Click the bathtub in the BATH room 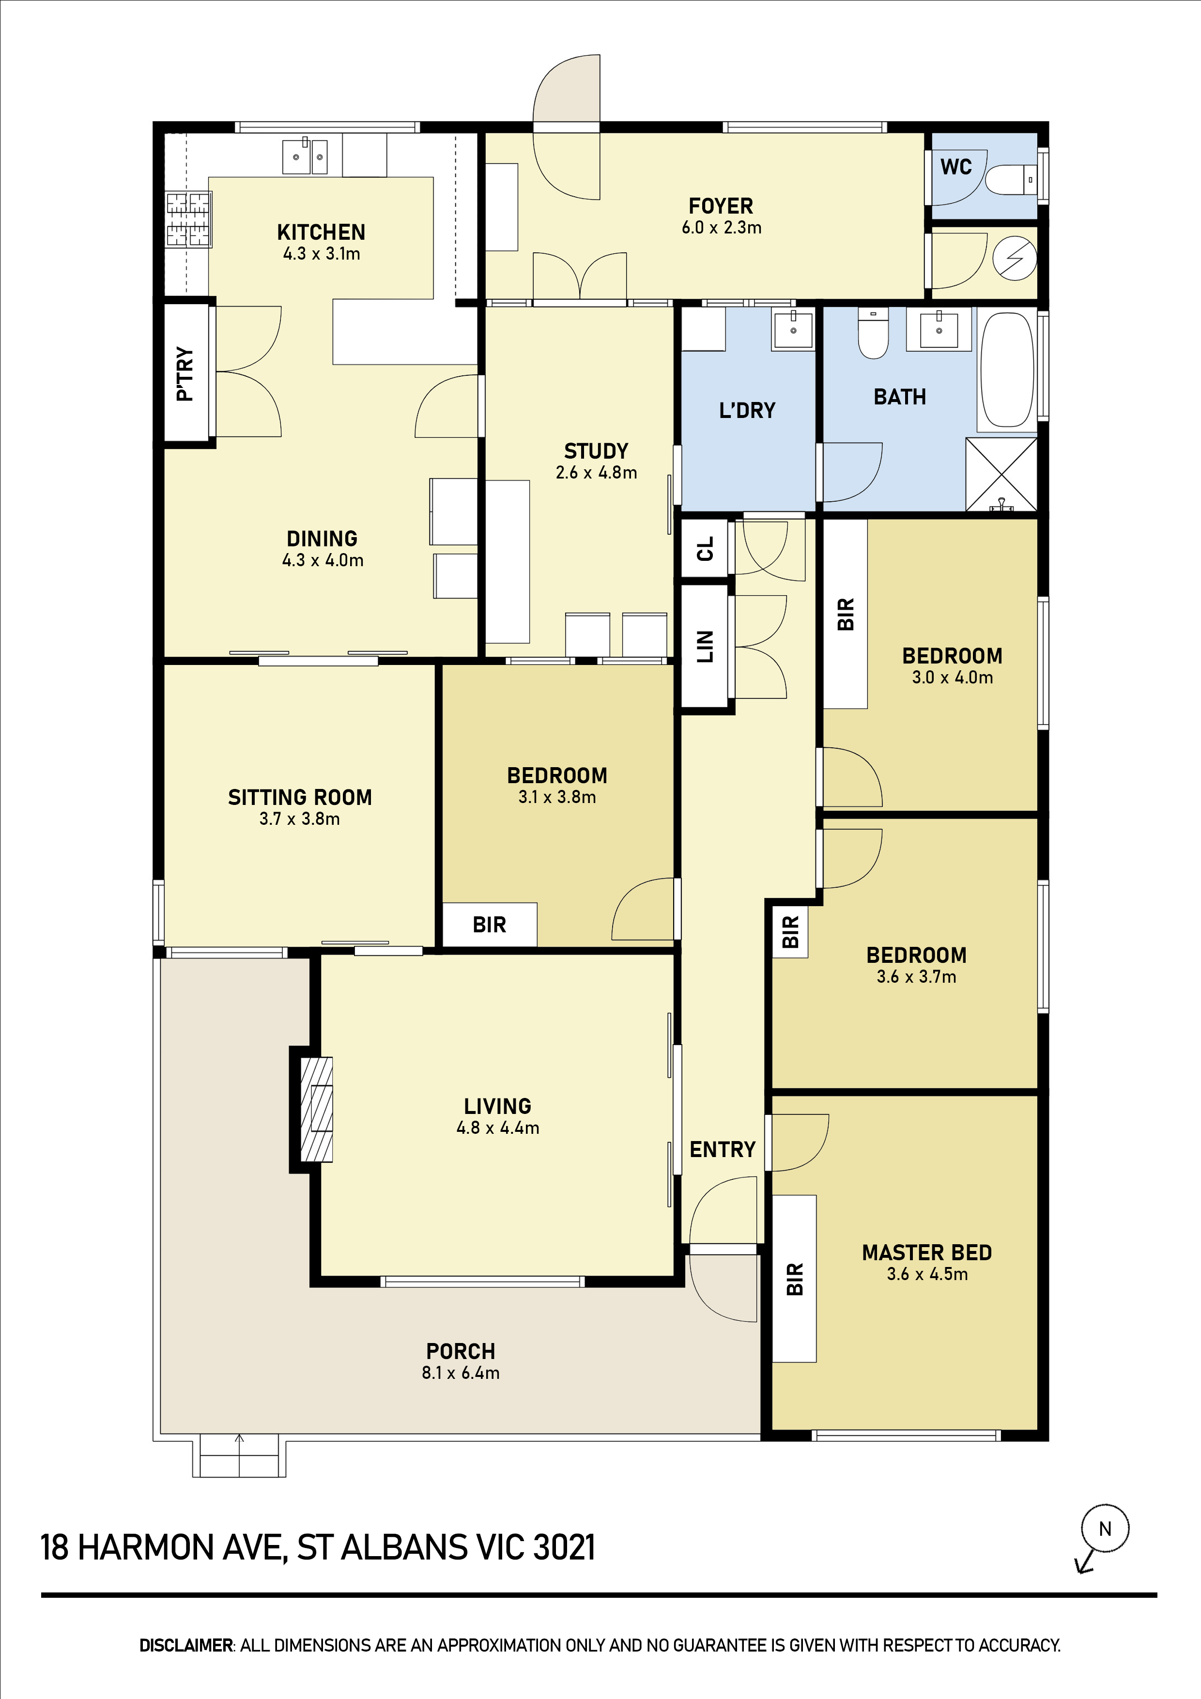(1007, 370)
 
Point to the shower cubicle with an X (1001, 474)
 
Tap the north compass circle (1105, 1528)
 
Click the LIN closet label (705, 646)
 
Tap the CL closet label (705, 548)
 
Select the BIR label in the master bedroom (795, 1279)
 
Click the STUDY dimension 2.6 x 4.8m (597, 473)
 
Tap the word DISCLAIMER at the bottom (186, 1645)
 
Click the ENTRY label (722, 1149)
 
